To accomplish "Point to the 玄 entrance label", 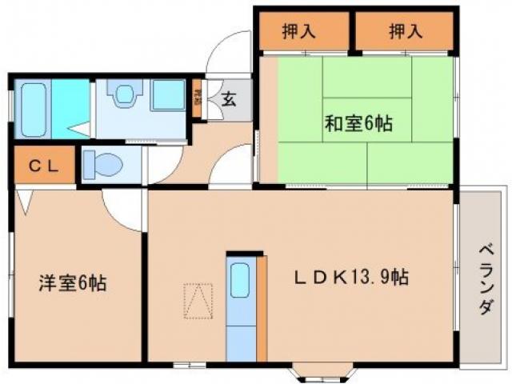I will coord(228,101).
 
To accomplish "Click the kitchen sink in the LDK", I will coord(240,282).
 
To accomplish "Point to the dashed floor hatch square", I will coord(199,300).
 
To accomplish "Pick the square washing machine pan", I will coord(169,95).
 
